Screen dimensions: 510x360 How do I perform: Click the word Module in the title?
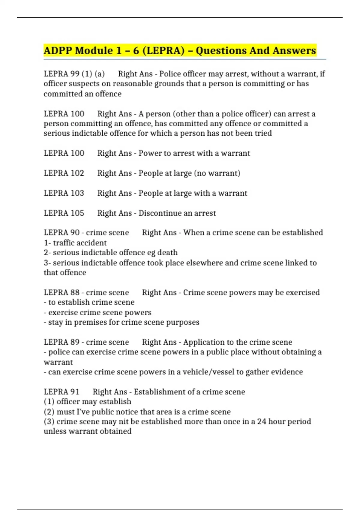[94, 50]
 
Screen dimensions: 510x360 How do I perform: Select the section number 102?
[77, 173]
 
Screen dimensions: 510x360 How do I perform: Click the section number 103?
[77, 193]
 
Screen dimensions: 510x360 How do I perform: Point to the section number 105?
[77, 213]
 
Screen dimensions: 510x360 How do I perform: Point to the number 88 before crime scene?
[75, 292]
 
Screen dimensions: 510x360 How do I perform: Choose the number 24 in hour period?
[262, 421]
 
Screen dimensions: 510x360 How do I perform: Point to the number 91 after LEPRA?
[75, 392]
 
